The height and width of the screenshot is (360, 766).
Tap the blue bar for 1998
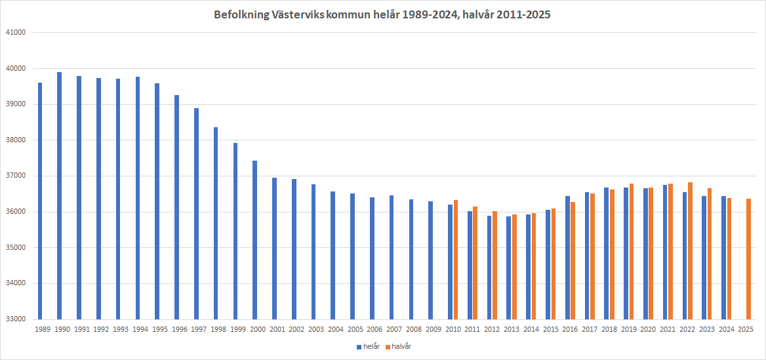[216, 223]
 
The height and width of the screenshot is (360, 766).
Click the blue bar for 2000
[254, 239]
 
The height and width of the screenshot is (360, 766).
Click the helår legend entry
[368, 346]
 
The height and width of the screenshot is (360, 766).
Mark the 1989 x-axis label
[43, 329]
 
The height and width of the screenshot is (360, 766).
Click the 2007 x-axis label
[394, 329]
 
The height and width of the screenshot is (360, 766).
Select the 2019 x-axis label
[628, 329]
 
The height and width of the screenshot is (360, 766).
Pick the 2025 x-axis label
[746, 329]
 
